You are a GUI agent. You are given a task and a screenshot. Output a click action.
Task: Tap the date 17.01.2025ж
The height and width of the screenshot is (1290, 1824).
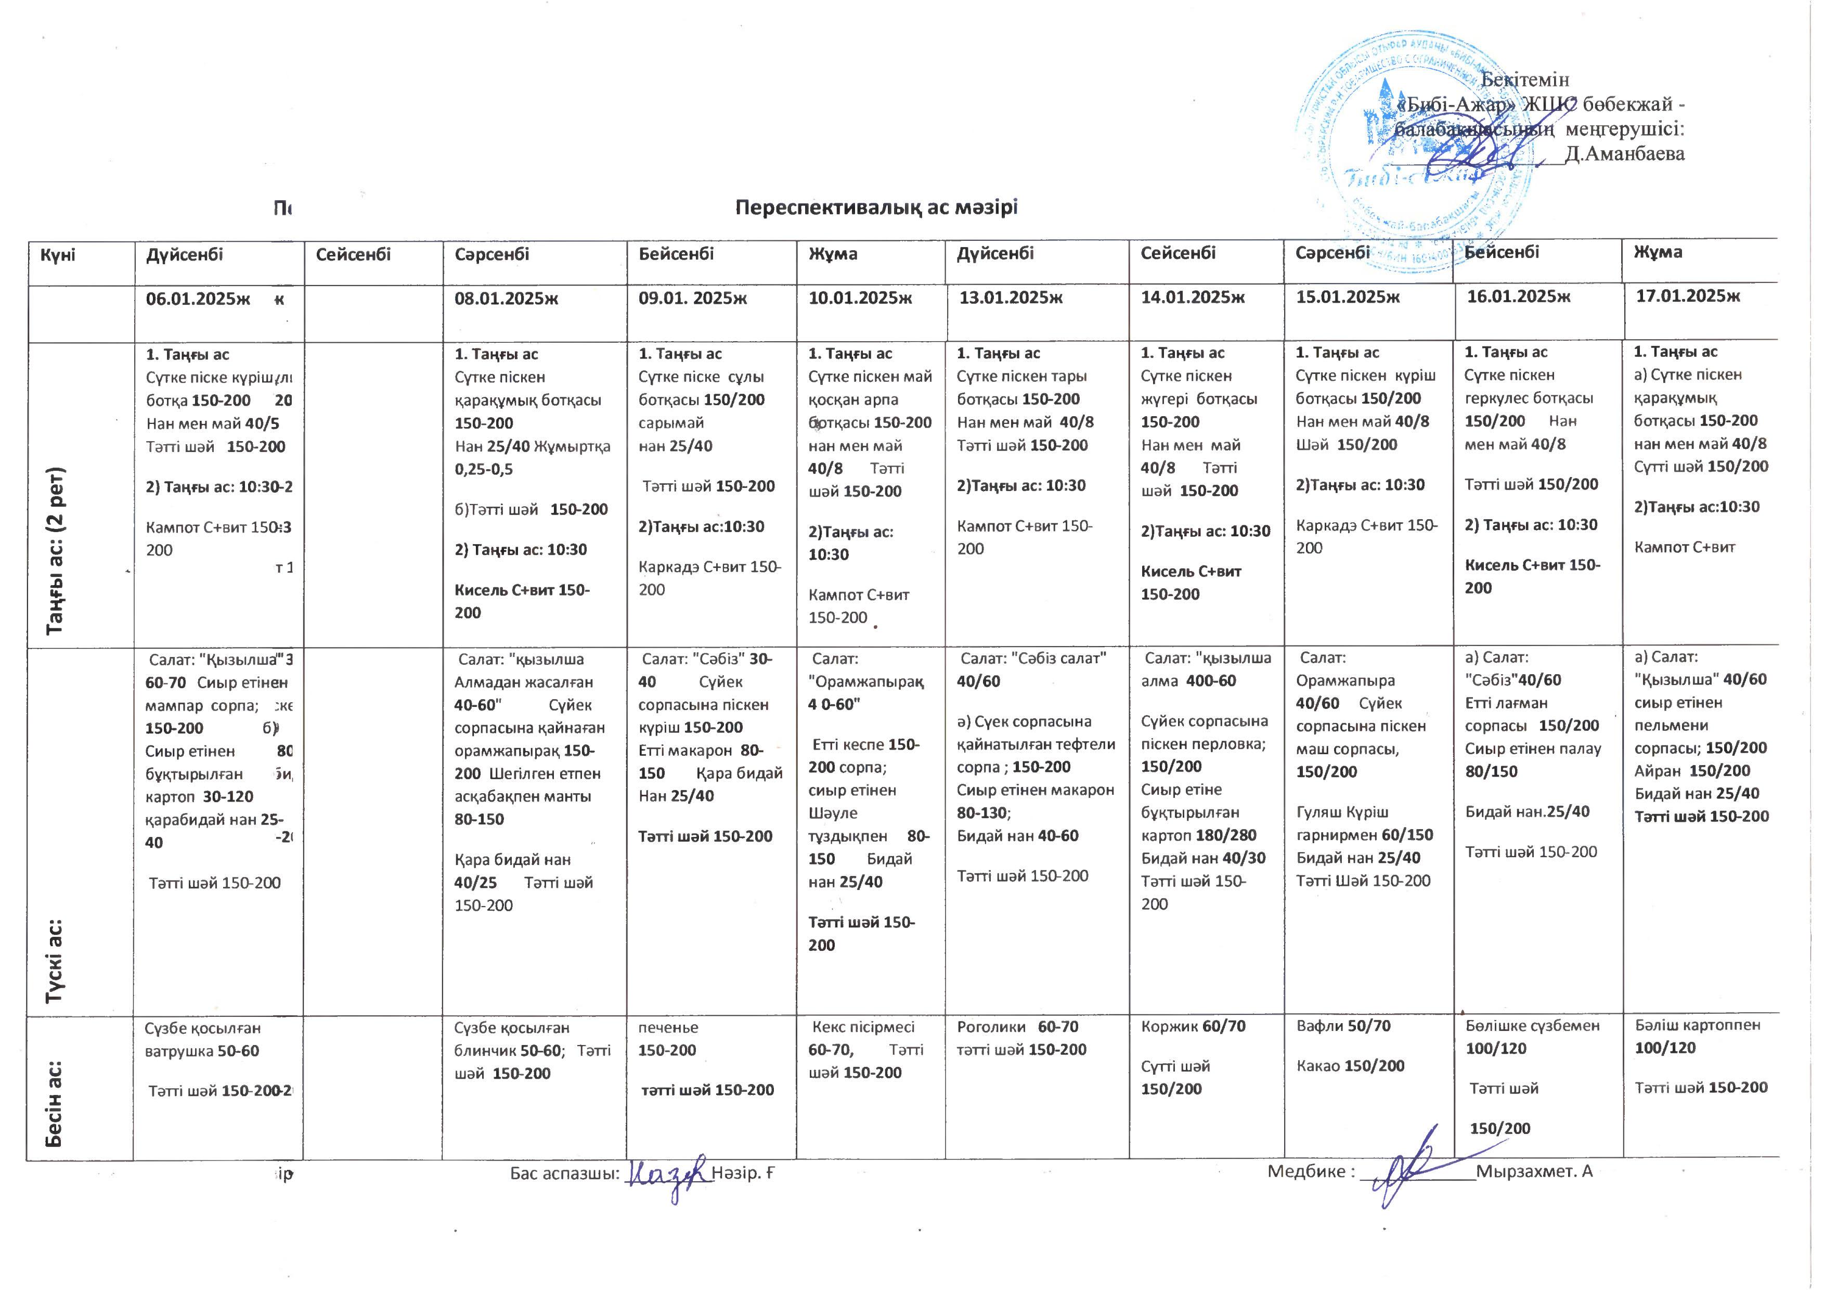click(1687, 296)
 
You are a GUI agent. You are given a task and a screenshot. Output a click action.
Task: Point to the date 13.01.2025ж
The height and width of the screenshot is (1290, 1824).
click(1011, 298)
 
